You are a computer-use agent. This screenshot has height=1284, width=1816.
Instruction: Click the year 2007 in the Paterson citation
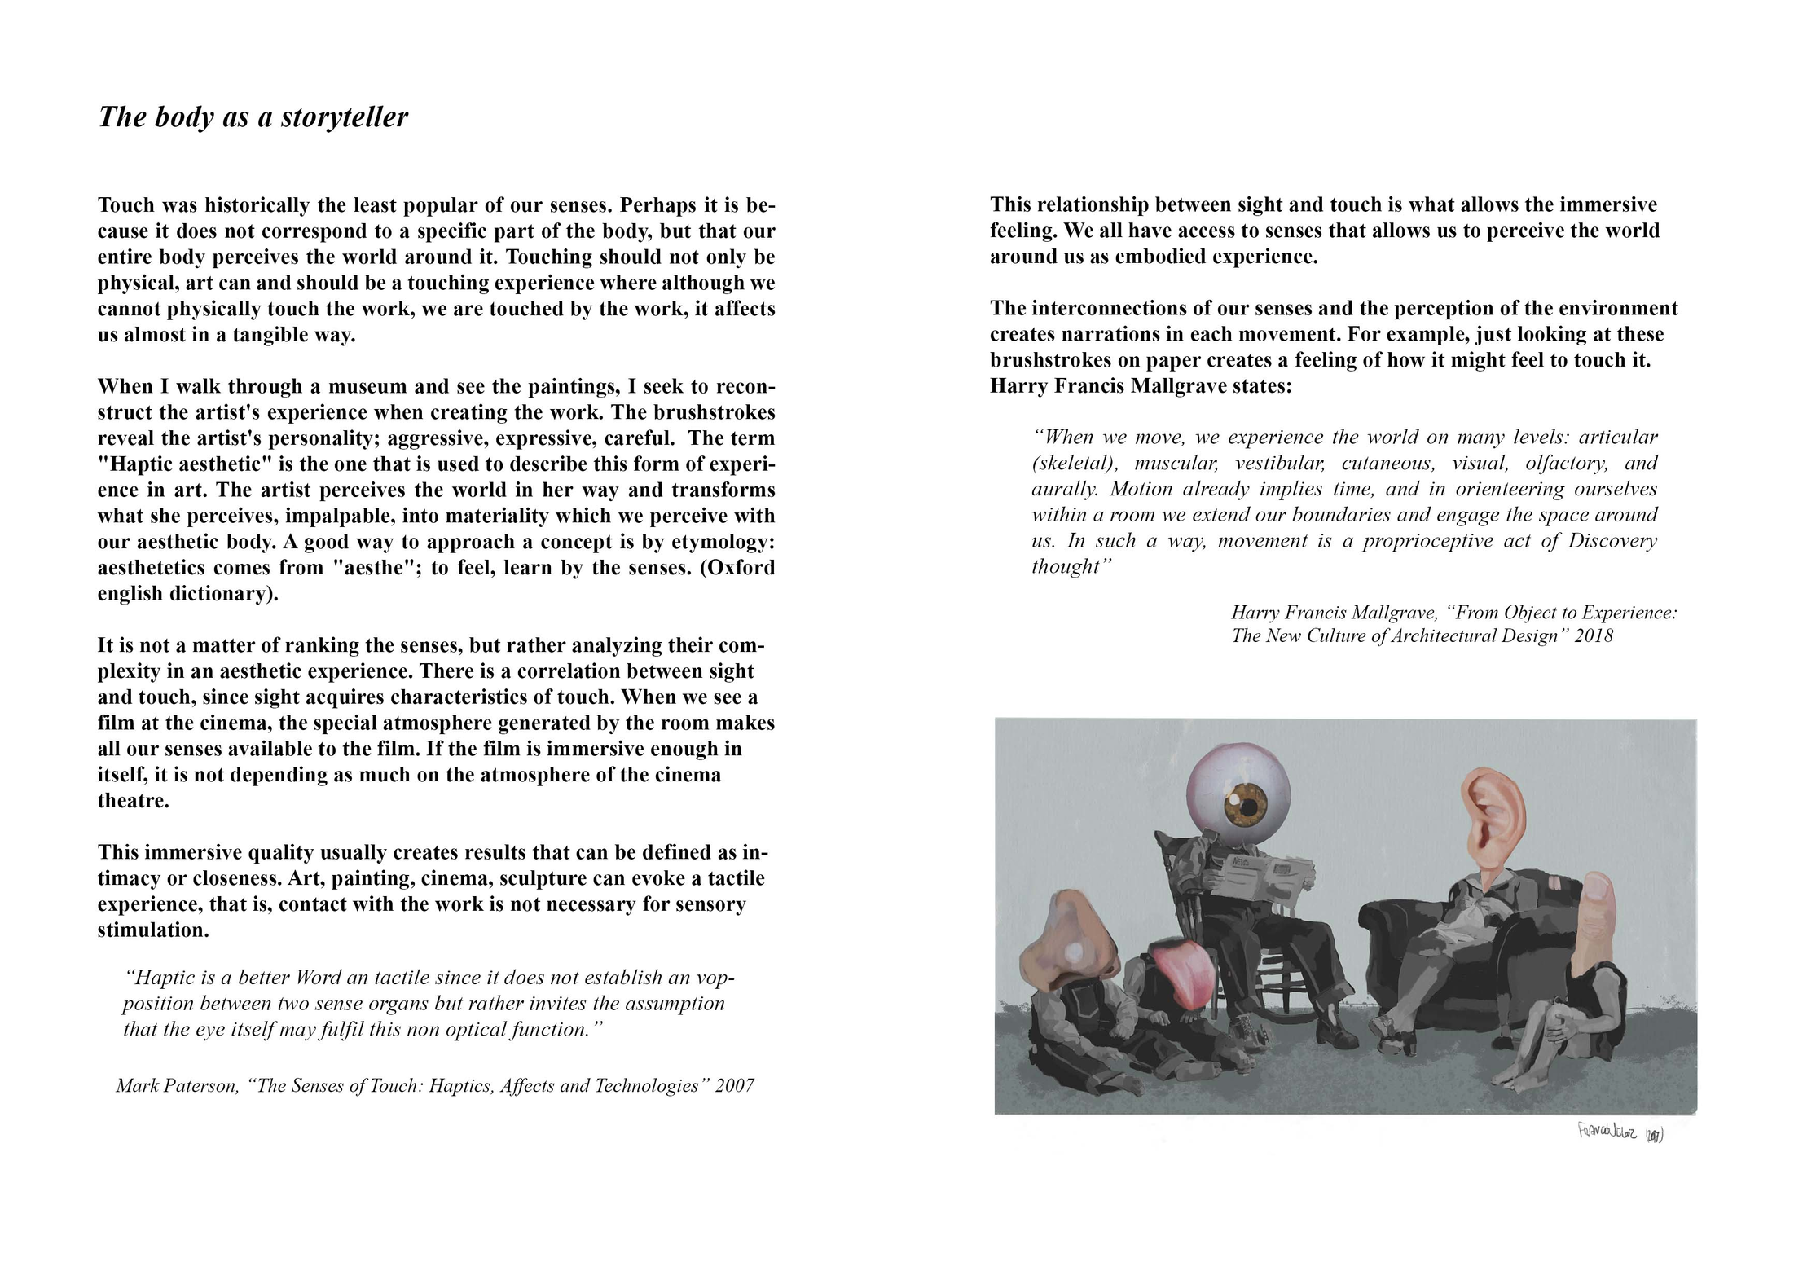pyautogui.click(x=734, y=1086)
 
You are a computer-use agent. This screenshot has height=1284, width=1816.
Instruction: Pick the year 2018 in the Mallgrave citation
pyautogui.click(x=1593, y=636)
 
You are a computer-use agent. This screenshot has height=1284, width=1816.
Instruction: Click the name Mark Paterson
pyautogui.click(x=176, y=1086)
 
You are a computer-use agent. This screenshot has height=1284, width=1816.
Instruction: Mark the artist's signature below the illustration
pyautogui.click(x=1620, y=1132)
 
